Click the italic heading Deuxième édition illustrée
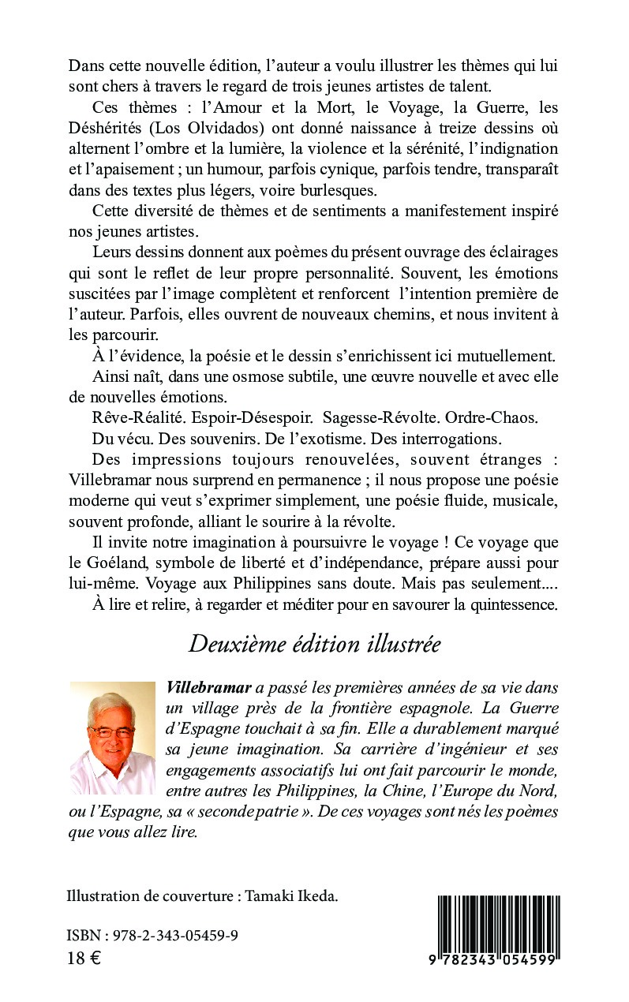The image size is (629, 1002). coord(314,645)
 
